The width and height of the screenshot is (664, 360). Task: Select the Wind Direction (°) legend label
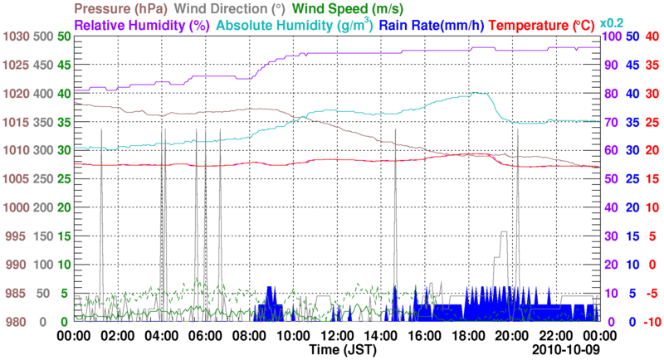[218, 9]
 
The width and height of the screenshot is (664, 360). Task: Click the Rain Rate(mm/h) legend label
[432, 26]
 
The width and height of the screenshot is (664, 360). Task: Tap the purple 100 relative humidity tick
[612, 37]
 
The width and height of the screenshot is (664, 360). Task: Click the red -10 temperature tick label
[651, 322]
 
